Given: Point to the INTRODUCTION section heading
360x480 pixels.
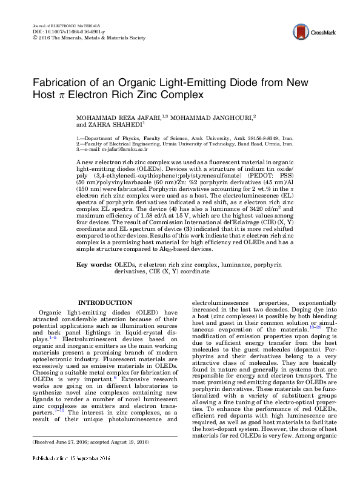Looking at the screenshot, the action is pyautogui.click(x=106, y=302).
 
